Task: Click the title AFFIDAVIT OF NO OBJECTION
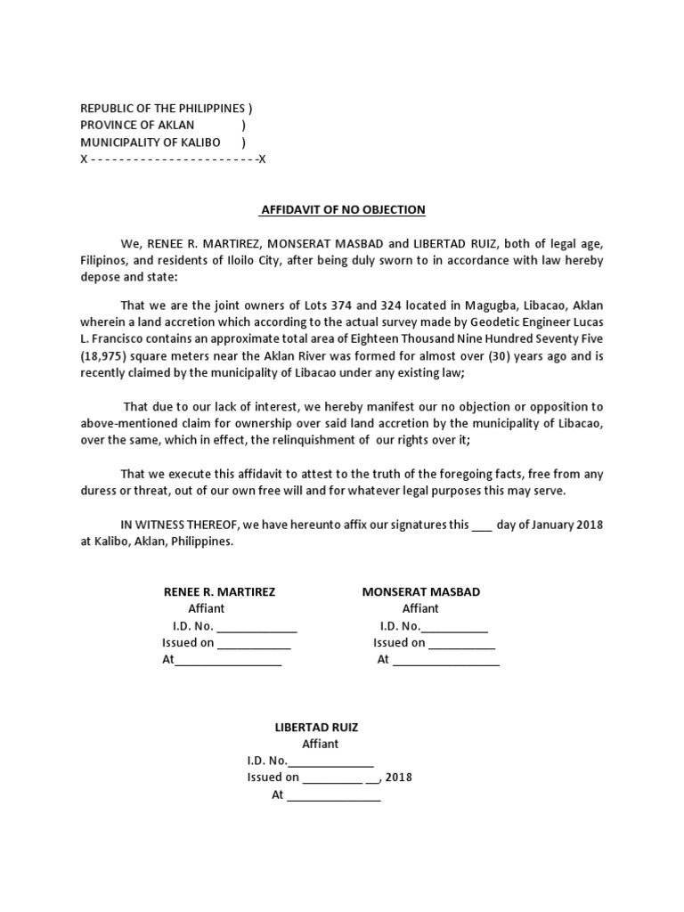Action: (342, 210)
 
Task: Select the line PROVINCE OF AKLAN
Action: (137, 126)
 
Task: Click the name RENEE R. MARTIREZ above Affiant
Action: (219, 592)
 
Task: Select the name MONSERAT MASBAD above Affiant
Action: (420, 592)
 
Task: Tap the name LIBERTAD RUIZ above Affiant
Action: (316, 728)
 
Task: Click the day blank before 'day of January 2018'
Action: (481, 525)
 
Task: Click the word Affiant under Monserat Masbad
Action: (420, 609)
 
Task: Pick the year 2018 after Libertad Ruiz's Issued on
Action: (399, 778)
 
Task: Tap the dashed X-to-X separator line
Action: (173, 159)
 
